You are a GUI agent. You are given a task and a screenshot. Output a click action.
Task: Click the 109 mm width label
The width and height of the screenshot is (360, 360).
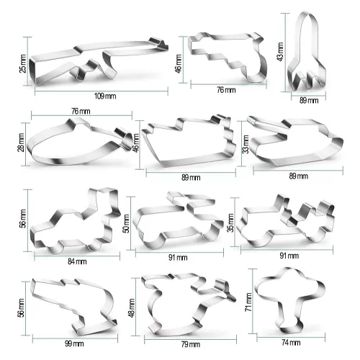(x=105, y=96)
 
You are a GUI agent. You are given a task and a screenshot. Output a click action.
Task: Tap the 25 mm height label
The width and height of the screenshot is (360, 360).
(x=23, y=63)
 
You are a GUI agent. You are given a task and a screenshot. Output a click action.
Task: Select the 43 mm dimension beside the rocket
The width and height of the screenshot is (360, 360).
(x=280, y=52)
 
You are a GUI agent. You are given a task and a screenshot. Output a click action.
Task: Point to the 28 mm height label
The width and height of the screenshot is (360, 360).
(x=21, y=143)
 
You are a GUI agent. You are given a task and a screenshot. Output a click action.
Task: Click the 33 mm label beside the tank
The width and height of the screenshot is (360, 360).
(x=246, y=144)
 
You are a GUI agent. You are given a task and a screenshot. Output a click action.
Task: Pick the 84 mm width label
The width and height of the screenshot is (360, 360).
(x=77, y=261)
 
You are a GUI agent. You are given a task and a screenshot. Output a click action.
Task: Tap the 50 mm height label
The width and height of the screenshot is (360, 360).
(x=126, y=224)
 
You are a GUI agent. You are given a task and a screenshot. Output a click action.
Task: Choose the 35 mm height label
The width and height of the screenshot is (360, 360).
(x=230, y=223)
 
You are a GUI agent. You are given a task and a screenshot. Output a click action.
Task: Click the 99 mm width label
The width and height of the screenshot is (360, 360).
(x=74, y=343)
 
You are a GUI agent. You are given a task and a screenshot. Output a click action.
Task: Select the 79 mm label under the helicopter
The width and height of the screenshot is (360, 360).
(x=191, y=344)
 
